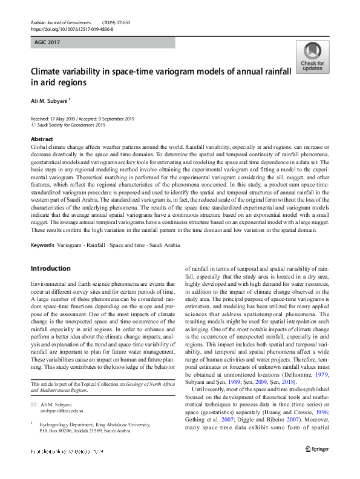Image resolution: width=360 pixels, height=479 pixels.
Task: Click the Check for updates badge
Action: (312, 57)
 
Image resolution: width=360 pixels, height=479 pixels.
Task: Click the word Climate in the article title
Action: (48, 71)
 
